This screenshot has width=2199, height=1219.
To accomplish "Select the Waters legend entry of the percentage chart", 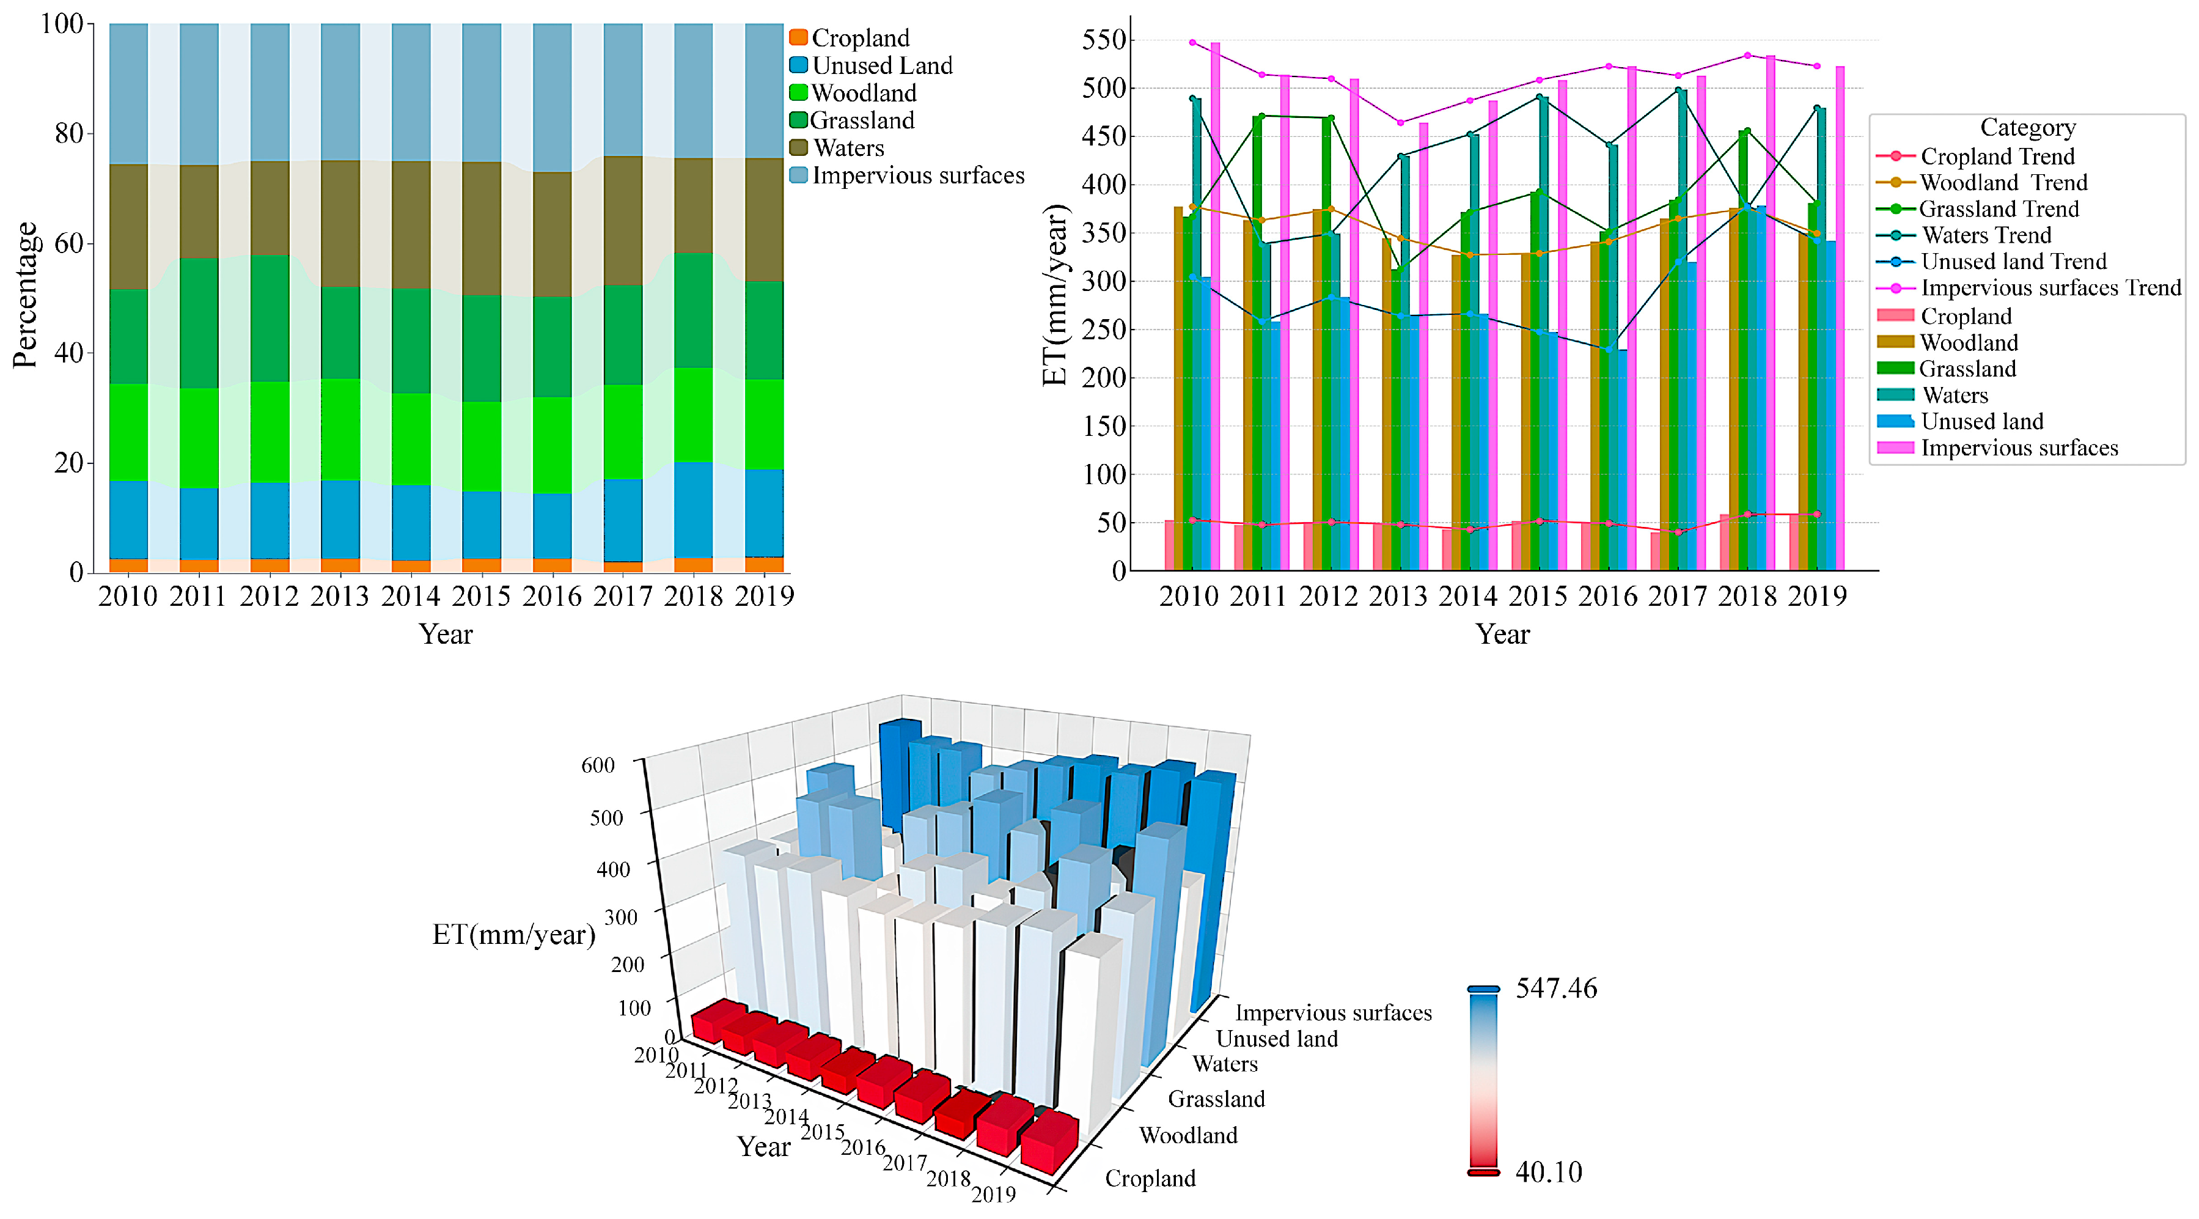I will pyautogui.click(x=847, y=148).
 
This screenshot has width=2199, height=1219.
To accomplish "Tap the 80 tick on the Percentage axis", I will pyautogui.click(x=69, y=133).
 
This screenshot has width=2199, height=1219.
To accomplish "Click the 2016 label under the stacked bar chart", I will pyautogui.click(x=551, y=596).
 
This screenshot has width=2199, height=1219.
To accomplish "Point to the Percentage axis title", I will pyautogui.click(x=25, y=295).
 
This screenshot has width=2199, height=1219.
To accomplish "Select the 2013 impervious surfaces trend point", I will pyautogui.click(x=1400, y=123).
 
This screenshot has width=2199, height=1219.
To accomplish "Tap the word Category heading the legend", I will pyautogui.click(x=2027, y=127).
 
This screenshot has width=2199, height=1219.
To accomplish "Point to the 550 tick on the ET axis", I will pyautogui.click(x=1104, y=40).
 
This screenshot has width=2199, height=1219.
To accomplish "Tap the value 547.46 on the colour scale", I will pyautogui.click(x=1555, y=989).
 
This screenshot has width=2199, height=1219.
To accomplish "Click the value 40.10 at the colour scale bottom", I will pyautogui.click(x=1547, y=1172).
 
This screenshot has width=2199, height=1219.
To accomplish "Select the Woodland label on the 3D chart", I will pyautogui.click(x=1188, y=1135).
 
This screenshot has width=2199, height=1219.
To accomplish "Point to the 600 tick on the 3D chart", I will pyautogui.click(x=598, y=765).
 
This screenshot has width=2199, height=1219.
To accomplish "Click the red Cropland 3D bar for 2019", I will pyautogui.click(x=1050, y=1142).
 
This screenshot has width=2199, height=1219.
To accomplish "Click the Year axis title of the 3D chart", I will pyautogui.click(x=763, y=1146).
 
